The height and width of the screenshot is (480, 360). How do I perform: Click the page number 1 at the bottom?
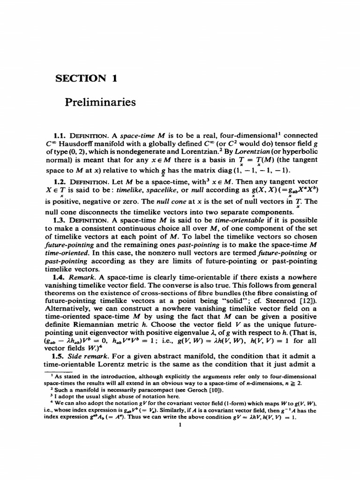click(180, 425)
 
